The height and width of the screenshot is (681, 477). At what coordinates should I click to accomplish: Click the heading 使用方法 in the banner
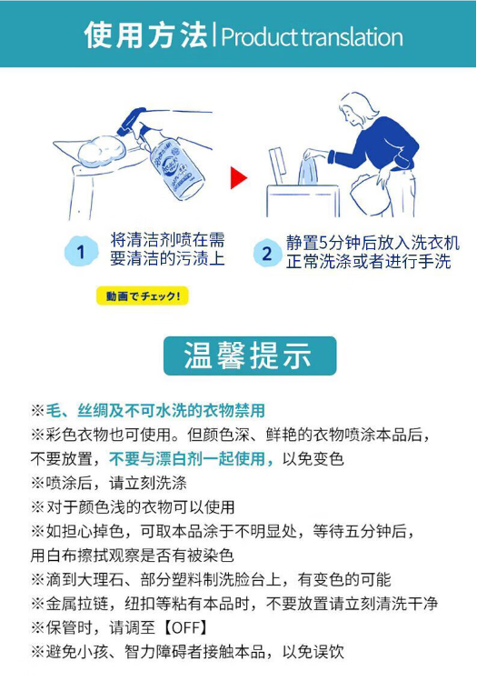(x=145, y=35)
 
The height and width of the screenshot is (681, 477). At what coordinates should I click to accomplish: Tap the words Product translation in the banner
(x=312, y=37)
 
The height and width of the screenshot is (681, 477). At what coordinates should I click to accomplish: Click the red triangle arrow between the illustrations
(x=238, y=177)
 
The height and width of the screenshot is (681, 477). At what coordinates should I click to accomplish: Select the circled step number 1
(x=81, y=252)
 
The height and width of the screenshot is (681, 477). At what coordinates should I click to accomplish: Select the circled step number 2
(x=267, y=253)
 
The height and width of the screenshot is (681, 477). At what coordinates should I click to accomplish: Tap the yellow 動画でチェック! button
(x=143, y=296)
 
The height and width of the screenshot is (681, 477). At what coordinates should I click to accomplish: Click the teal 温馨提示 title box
(x=250, y=356)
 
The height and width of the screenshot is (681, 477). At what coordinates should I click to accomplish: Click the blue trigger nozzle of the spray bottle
(x=131, y=121)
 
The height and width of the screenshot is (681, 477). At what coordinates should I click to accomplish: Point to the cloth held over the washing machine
(x=308, y=172)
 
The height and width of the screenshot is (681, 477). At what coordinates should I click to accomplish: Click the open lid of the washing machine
(x=276, y=165)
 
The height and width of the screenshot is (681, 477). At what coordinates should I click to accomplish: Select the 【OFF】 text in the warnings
(x=184, y=627)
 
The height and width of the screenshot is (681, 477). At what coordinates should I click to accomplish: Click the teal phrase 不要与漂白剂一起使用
(x=187, y=458)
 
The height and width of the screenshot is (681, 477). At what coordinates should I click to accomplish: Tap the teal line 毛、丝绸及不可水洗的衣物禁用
(x=155, y=410)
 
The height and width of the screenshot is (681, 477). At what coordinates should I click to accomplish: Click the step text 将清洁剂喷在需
(x=167, y=240)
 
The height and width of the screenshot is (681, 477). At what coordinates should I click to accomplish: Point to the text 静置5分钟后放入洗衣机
(x=373, y=243)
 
